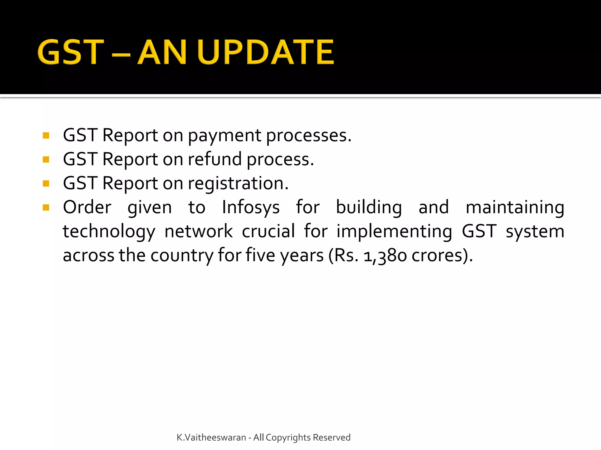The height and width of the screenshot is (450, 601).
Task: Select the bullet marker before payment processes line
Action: point(46,135)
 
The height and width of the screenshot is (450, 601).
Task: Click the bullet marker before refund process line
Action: point(46,159)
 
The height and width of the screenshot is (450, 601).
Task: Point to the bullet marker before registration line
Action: point(46,183)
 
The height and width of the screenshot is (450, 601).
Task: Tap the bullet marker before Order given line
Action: point(46,207)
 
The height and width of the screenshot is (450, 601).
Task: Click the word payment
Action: point(224,136)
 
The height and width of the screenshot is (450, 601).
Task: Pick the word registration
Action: point(238,184)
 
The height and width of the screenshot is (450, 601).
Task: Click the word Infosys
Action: point(251,208)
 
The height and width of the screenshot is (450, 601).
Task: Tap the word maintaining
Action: point(515,208)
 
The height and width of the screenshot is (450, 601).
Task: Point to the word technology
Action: point(109,232)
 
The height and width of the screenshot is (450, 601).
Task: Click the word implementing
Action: point(394,232)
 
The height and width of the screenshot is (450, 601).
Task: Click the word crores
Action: point(437,256)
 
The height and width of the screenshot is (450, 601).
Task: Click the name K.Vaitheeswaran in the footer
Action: point(211,437)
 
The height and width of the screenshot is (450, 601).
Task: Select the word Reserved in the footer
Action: point(332,437)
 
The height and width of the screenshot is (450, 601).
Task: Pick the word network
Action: point(198,232)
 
